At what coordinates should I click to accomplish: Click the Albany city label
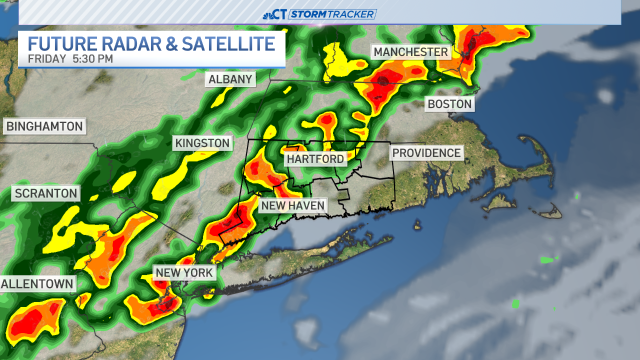pos(230,79)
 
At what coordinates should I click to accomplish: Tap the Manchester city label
pos(410,52)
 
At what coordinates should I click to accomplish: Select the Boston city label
pos(449,104)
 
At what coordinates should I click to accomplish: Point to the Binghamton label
pos(44,126)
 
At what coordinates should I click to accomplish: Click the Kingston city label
pos(202,143)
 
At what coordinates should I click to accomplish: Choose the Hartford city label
pos(315,159)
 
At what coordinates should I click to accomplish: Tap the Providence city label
pos(426,152)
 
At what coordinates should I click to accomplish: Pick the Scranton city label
pos(46,193)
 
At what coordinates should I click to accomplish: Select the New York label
pos(185,272)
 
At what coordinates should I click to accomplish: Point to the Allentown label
pos(37,284)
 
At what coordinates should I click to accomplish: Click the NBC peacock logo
pos(268,14)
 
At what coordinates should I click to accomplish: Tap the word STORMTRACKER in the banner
pos(332,14)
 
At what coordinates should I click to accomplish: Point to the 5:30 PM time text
pos(92,58)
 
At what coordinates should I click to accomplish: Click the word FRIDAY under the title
pos(47,58)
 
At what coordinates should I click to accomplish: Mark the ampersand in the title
pos(170,43)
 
